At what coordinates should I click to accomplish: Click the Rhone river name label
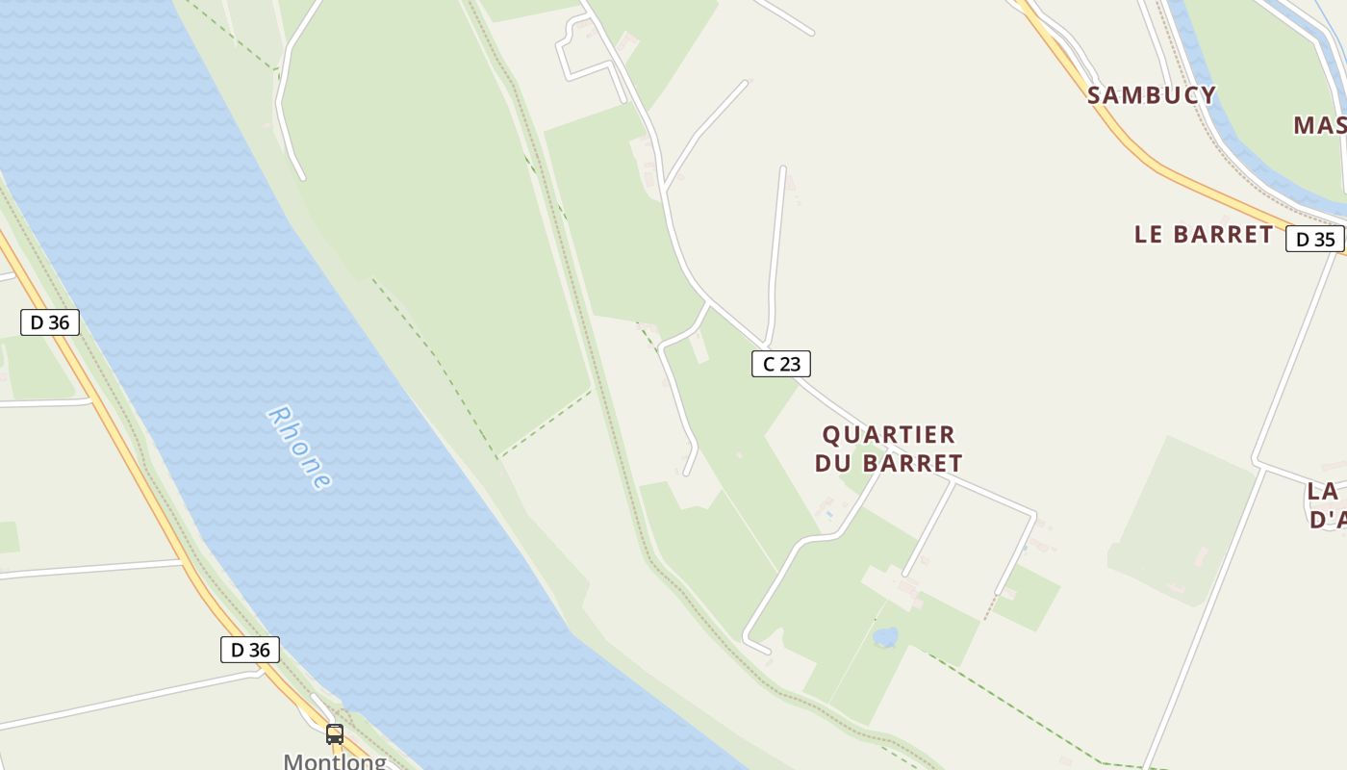pyautogui.click(x=299, y=449)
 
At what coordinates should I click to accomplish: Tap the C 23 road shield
pyautogui.click(x=780, y=364)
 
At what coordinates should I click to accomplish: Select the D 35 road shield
pyautogui.click(x=1314, y=239)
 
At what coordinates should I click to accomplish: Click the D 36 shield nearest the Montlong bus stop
pyautogui.click(x=250, y=650)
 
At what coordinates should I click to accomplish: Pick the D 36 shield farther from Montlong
pyautogui.click(x=49, y=322)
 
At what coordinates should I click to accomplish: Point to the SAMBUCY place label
pyautogui.click(x=1151, y=94)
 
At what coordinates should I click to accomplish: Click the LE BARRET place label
pyautogui.click(x=1203, y=234)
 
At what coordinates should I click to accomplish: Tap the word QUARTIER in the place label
pyautogui.click(x=888, y=435)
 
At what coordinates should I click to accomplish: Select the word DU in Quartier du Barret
pyautogui.click(x=834, y=463)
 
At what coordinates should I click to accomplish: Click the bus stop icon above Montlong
pyautogui.click(x=335, y=734)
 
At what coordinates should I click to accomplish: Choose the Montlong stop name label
pyautogui.click(x=335, y=761)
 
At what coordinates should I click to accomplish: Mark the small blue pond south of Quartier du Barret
pyautogui.click(x=884, y=637)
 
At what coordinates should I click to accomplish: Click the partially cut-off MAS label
pyautogui.click(x=1319, y=125)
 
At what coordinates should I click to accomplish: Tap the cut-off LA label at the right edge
pyautogui.click(x=1324, y=491)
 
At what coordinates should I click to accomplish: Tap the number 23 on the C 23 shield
pyautogui.click(x=789, y=364)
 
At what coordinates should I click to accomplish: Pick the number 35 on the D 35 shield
pyautogui.click(x=1324, y=239)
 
